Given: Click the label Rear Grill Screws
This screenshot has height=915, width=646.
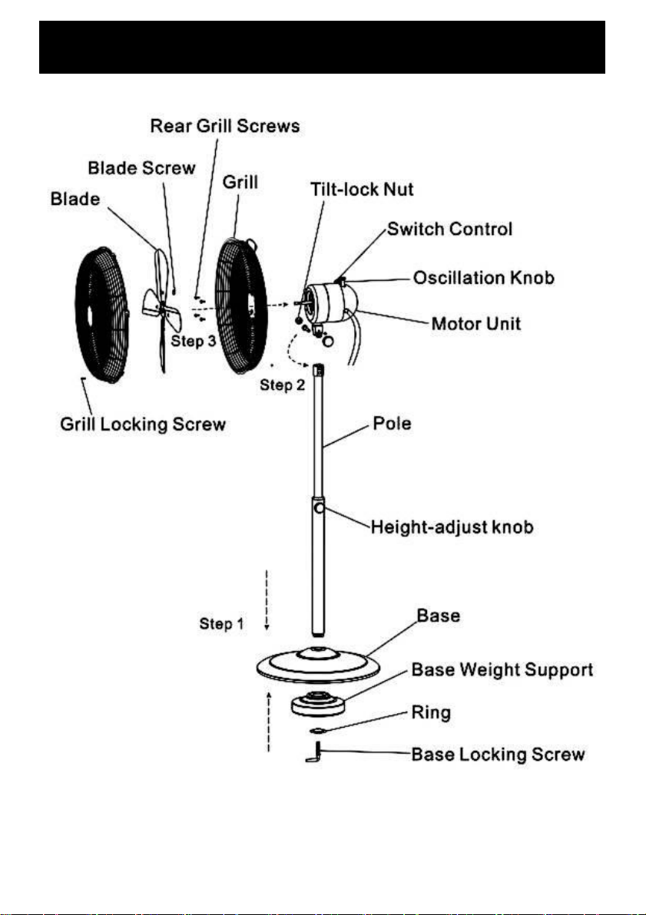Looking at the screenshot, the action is coord(225,126).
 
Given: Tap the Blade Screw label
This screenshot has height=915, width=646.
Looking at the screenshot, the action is coord(141,168).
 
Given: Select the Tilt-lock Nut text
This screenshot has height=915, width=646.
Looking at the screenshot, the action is coord(362,189).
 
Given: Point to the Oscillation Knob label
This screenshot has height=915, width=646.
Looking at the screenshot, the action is coord(484,278).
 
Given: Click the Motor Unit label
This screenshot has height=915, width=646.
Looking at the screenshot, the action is coord(476,324).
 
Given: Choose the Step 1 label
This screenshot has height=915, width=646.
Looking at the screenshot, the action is coord(221,624).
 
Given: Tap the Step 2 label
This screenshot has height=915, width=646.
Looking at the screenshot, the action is coord(282,385).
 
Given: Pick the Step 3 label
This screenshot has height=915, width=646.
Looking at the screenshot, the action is coord(194,341).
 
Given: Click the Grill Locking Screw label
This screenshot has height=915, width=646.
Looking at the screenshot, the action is coord(143,424).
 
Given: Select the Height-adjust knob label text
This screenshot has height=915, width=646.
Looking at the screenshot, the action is coord(452,527).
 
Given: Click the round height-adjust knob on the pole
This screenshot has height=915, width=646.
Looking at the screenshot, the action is coord(319,508).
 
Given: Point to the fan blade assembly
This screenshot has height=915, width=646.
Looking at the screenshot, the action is coord(162,310).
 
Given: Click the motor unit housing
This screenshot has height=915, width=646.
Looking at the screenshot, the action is coord(330,303).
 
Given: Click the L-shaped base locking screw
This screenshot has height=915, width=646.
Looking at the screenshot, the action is coord(315,752).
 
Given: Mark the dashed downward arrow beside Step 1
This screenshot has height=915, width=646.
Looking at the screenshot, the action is coord(267,600).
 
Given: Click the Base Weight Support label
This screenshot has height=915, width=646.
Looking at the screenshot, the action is coord(502,670).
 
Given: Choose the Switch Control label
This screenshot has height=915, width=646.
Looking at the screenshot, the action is coord(450,229).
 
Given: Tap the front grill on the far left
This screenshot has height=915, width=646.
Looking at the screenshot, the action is coord(102,315).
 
